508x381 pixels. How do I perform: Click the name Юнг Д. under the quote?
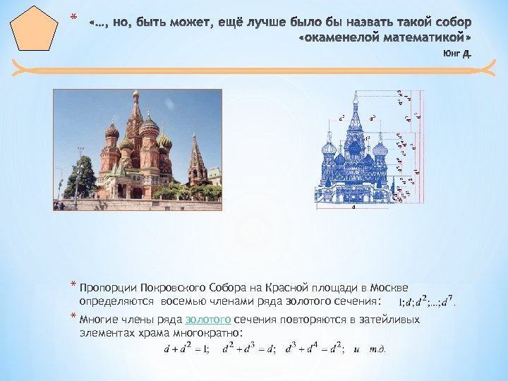456,53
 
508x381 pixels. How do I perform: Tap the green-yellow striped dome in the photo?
165,141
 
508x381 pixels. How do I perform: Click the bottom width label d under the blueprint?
353,207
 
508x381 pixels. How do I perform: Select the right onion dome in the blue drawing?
380,149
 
